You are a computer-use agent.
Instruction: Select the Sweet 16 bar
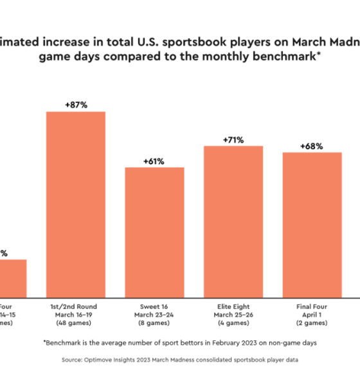tap(154, 232)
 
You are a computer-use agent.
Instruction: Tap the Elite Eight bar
tap(233, 221)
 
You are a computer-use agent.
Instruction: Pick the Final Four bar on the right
tap(312, 225)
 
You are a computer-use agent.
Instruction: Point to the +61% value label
tap(154, 161)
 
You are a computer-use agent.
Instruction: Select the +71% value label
tap(233, 139)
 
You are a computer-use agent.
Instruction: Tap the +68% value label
tap(312, 146)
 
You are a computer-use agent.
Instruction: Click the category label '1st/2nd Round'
tap(75, 307)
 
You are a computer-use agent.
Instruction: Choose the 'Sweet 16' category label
tap(154, 307)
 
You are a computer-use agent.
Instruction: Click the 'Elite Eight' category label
tap(233, 307)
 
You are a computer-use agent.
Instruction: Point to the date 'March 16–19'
tap(75, 315)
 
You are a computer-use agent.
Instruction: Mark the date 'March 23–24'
tap(154, 315)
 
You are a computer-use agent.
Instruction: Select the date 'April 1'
tap(312, 315)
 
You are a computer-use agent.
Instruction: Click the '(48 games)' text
tap(75, 324)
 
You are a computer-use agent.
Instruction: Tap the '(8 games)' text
tap(154, 324)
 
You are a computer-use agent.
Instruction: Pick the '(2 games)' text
tap(312, 324)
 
